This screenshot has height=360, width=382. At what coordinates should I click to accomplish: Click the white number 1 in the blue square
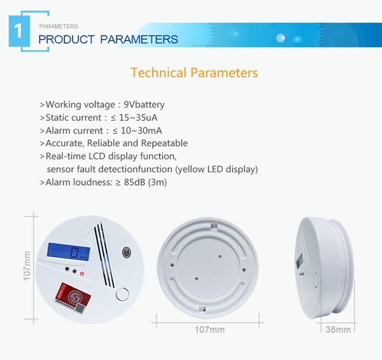tap(18, 31)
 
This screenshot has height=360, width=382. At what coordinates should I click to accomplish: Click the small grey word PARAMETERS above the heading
tap(59, 26)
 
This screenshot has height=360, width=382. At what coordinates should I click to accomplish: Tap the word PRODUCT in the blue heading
tap(66, 39)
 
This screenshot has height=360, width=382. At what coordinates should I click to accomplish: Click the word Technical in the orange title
tap(158, 73)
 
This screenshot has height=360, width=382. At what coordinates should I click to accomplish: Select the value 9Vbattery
tap(144, 105)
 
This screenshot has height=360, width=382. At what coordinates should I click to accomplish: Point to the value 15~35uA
tap(138, 118)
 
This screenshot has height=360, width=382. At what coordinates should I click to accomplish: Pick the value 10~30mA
tap(141, 131)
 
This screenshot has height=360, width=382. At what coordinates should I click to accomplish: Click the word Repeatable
tap(164, 144)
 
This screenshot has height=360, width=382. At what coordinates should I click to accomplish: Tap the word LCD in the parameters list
tap(97, 156)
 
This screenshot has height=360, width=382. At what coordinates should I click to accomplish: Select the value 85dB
tap(135, 183)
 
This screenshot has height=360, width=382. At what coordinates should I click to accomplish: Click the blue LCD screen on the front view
tap(68, 252)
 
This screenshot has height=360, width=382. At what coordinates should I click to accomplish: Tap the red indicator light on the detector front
tap(82, 274)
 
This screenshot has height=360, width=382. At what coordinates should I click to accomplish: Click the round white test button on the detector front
tap(122, 294)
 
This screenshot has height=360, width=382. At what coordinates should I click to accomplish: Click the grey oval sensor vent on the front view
tap(126, 252)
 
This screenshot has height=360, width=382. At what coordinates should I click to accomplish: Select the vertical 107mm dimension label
tap(27, 266)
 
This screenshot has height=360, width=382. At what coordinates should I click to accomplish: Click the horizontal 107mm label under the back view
tap(209, 330)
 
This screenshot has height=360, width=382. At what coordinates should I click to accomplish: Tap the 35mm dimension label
tap(338, 330)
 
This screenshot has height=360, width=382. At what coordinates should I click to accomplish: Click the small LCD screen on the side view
tap(299, 261)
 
